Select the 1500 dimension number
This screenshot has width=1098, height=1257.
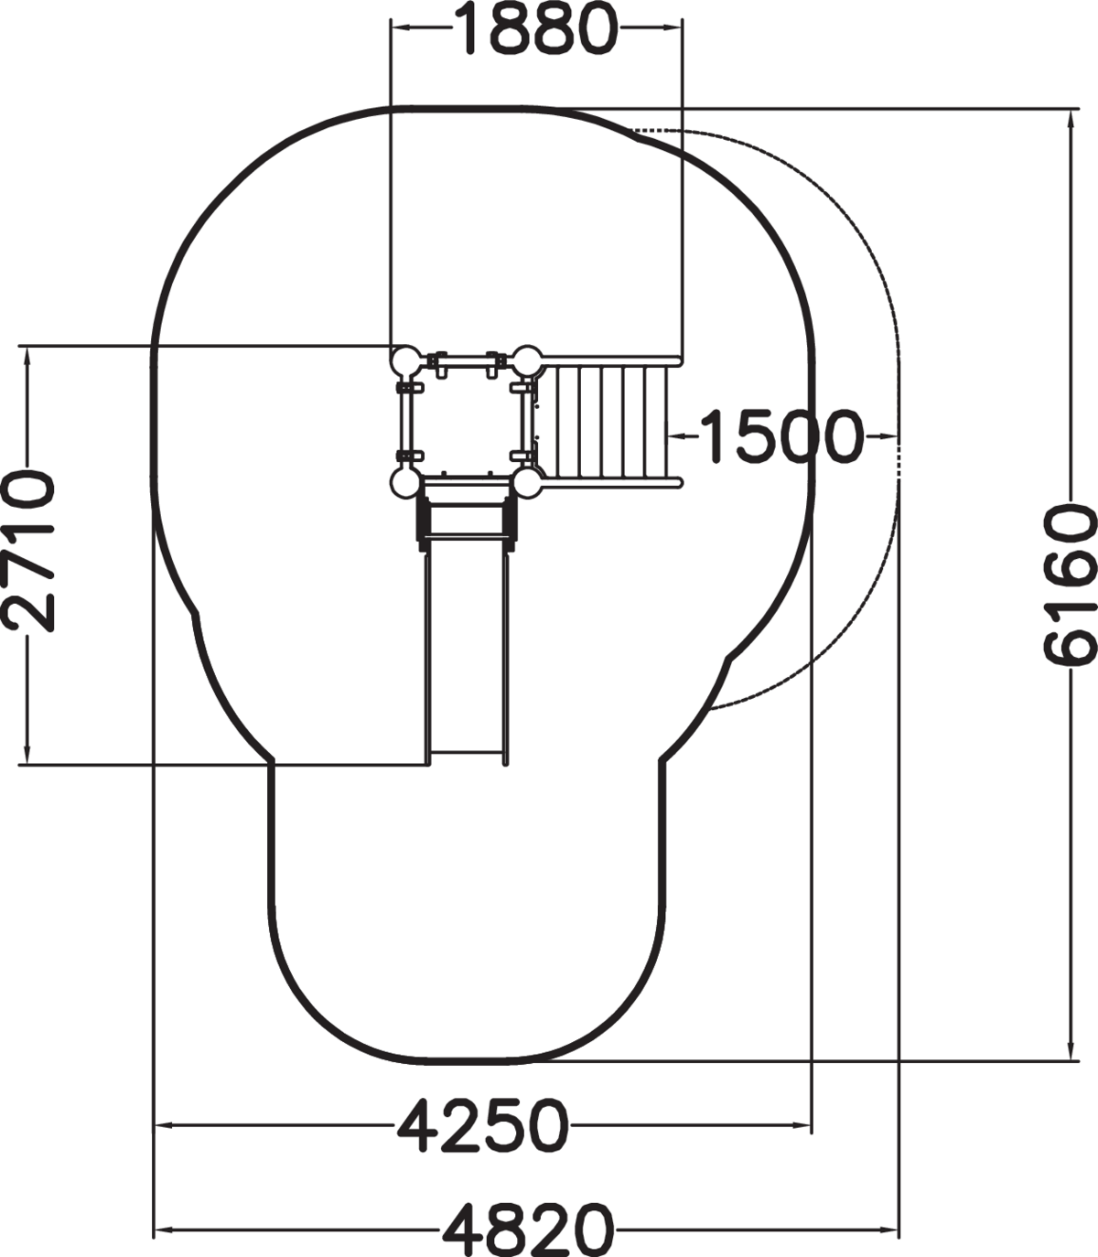click(782, 435)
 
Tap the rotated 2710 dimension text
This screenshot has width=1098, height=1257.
click(28, 551)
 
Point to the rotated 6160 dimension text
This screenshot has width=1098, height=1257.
click(1071, 585)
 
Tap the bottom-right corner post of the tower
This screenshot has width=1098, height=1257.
click(528, 483)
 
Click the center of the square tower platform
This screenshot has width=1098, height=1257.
click(467, 422)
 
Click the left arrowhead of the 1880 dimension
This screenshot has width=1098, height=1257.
click(400, 27)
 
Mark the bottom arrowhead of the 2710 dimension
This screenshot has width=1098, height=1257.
click(27, 756)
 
